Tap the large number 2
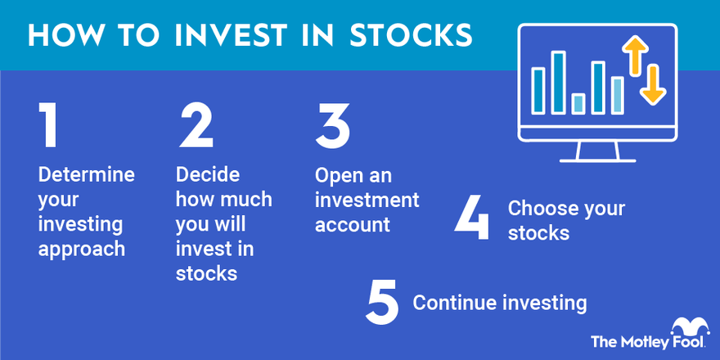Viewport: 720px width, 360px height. tap(196, 126)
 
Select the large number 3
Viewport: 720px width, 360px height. tap(332, 126)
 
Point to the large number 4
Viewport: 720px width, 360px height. tap(472, 218)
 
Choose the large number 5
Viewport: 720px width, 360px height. tap(383, 303)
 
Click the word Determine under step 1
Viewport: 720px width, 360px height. tap(86, 174)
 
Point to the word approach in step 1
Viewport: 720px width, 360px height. tap(81, 248)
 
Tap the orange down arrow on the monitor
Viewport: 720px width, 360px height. tap(652, 84)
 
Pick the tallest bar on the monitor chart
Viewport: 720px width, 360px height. tap(558, 82)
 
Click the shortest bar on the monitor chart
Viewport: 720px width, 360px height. tap(578, 103)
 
